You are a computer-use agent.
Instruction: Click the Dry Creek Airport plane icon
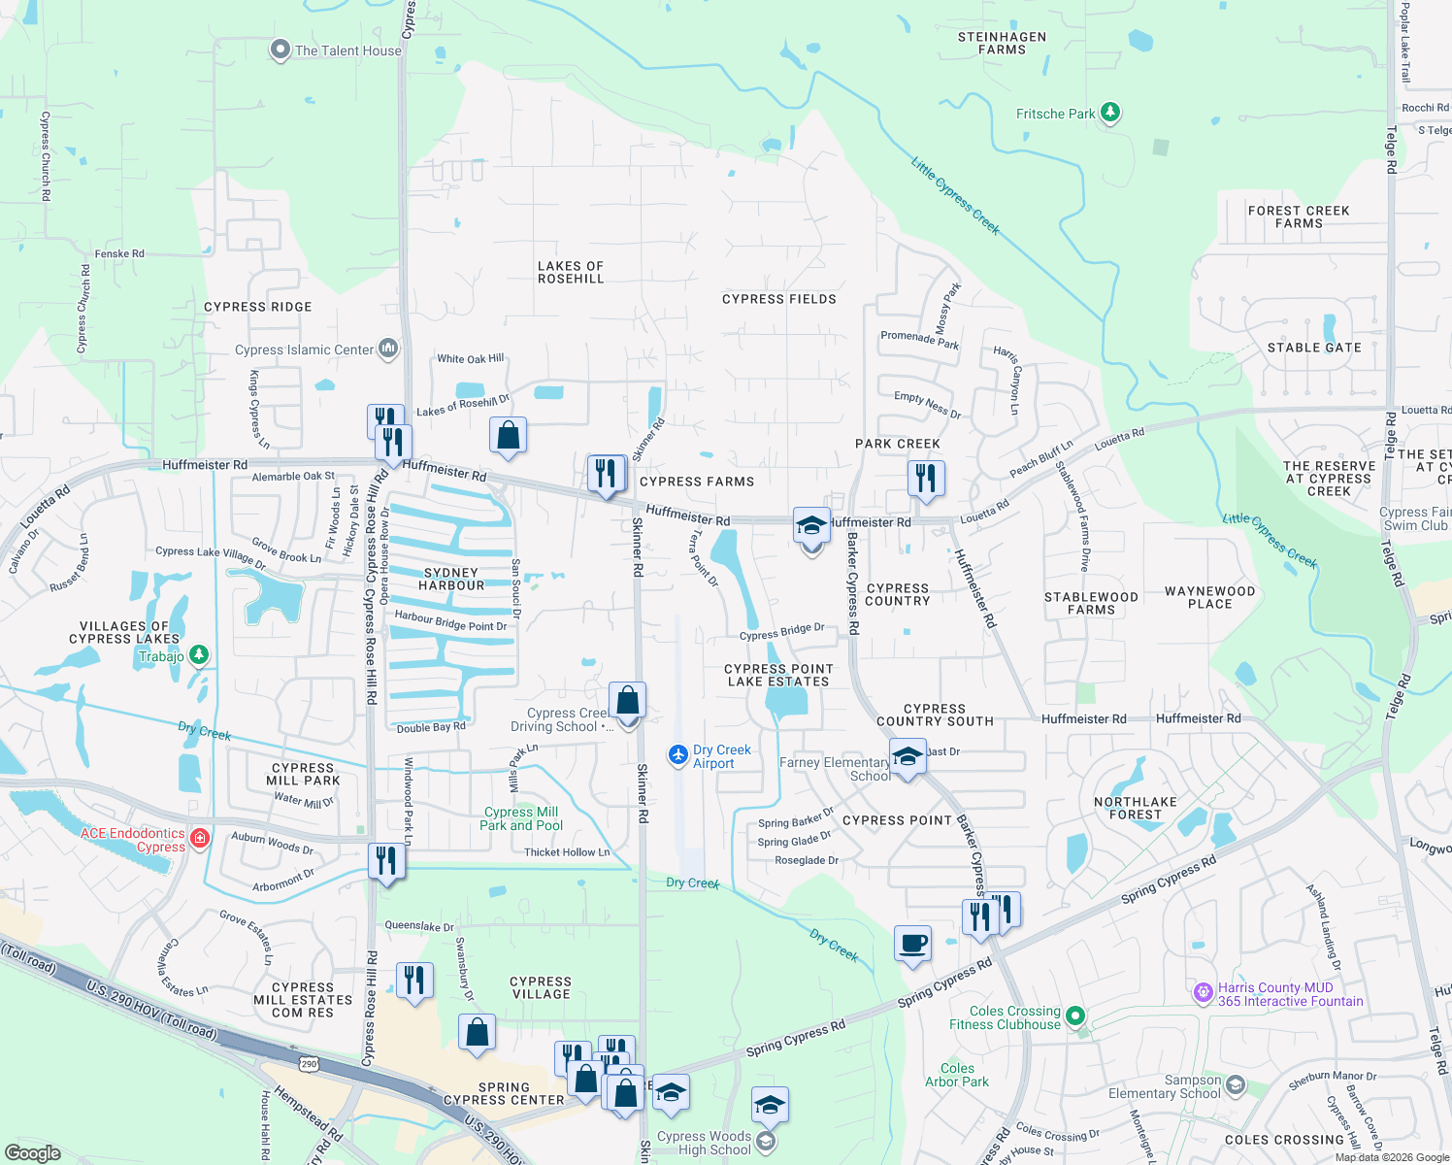coord(678,754)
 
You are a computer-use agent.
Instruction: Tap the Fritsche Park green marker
coord(1110,113)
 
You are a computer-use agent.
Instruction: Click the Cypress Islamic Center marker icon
coord(388,348)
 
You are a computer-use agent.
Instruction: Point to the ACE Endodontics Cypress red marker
coord(200,838)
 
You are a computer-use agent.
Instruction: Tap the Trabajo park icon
coord(199,655)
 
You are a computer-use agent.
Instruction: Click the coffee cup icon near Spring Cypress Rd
coord(912,943)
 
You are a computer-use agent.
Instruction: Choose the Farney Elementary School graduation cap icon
coord(907,756)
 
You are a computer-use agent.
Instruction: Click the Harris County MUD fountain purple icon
coord(1204,992)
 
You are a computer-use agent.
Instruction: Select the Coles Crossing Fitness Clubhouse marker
coord(1074,1016)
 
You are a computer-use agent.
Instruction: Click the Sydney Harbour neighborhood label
coord(451,580)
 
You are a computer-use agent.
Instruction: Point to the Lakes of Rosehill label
coord(571,273)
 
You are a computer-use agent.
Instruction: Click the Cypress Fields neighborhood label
coord(778,299)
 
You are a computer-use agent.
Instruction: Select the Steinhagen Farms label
coord(1002,44)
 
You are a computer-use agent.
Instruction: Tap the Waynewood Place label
coord(1209,597)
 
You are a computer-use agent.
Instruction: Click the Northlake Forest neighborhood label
coord(1135,808)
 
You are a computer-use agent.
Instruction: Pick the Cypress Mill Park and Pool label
coord(521,818)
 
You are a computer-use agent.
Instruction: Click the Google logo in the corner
coord(32,1152)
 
